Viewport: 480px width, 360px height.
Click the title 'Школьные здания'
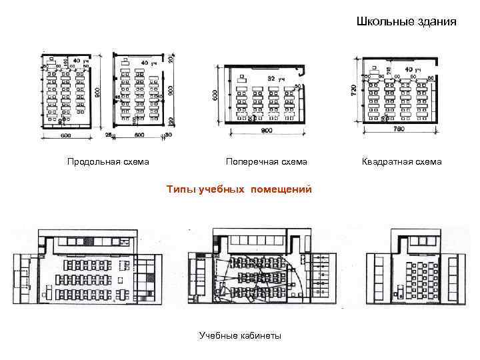(x=406, y=21)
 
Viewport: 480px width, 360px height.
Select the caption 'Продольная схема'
(x=108, y=161)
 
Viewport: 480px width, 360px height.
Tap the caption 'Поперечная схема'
(x=266, y=161)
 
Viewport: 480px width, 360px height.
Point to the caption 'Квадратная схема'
(x=401, y=161)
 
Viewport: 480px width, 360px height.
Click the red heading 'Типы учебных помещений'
(x=239, y=189)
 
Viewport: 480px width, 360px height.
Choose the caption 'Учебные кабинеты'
(x=240, y=335)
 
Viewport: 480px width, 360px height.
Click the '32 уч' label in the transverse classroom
(x=275, y=79)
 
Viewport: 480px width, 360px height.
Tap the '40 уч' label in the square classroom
(x=413, y=69)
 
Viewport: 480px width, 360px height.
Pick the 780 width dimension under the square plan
(x=399, y=128)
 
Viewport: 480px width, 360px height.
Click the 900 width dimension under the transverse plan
(x=266, y=131)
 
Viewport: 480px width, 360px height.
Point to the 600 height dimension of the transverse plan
(x=215, y=95)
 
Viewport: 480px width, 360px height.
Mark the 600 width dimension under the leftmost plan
(x=65, y=137)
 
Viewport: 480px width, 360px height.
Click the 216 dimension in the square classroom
(x=388, y=69)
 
